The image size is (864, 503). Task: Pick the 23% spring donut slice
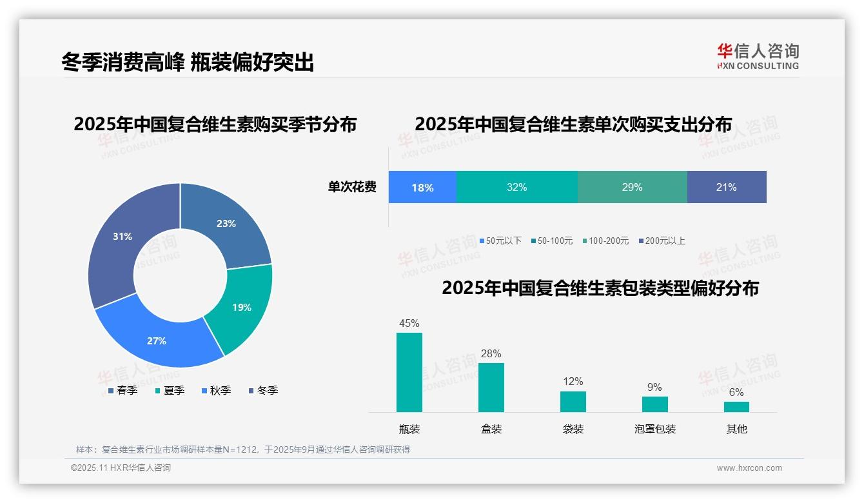pyautogui.click(x=226, y=223)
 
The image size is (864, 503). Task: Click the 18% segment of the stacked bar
pyautogui.click(x=422, y=188)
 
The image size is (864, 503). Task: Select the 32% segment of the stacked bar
pyautogui.click(x=516, y=188)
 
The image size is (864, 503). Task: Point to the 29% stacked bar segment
pyautogui.click(x=632, y=188)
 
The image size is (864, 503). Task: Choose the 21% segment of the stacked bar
pyautogui.click(x=727, y=188)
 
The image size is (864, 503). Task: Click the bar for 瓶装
pyautogui.click(x=409, y=372)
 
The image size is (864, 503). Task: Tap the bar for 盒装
pyautogui.click(x=491, y=388)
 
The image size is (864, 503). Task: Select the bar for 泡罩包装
pyautogui.click(x=654, y=404)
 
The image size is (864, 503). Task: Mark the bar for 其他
pyautogui.click(x=736, y=407)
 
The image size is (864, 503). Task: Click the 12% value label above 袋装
pyautogui.click(x=573, y=382)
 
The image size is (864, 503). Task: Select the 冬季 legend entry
pyautogui.click(x=263, y=391)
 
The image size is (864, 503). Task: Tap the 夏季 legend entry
pyautogui.click(x=170, y=391)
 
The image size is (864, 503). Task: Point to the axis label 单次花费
pyautogui.click(x=352, y=188)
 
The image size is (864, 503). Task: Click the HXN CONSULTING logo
pyautogui.click(x=758, y=57)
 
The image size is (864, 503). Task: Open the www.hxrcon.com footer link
pyautogui.click(x=749, y=468)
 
